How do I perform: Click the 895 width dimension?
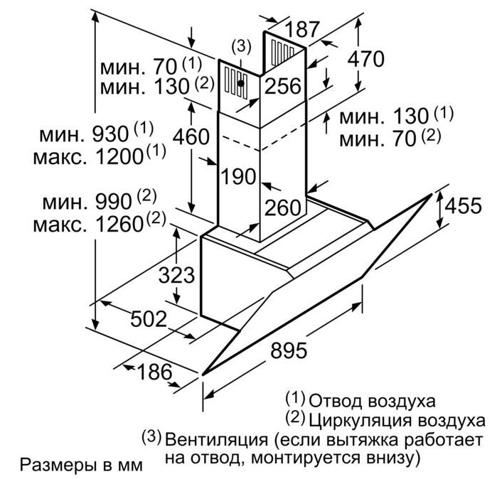click(289, 350)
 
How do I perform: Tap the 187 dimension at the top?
click(302, 29)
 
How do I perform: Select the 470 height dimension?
click(365, 58)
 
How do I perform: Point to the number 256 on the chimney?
click(283, 86)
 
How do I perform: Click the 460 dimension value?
click(191, 137)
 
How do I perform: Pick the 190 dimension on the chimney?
click(238, 176)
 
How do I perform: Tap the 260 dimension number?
click(283, 208)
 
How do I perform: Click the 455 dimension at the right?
click(463, 205)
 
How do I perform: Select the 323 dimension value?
click(176, 274)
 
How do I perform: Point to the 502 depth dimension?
click(149, 318)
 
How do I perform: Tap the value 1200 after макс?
click(119, 156)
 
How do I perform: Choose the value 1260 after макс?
click(119, 225)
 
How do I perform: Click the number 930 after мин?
click(110, 134)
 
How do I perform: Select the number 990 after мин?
click(114, 201)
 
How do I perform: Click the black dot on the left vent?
click(241, 83)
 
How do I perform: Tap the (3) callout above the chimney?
click(241, 46)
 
